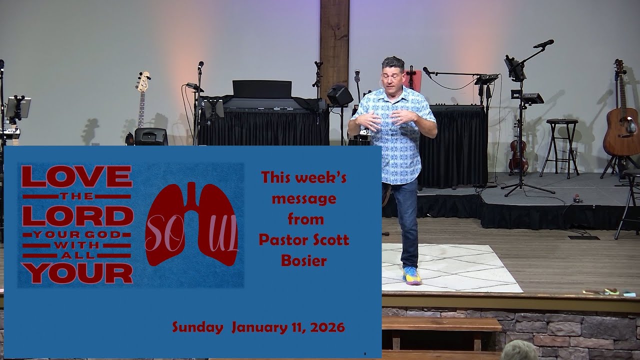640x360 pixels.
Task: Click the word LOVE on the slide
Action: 76,176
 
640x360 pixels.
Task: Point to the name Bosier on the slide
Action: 303,260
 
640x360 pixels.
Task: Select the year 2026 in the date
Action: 327,327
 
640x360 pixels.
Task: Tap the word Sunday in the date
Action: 197,327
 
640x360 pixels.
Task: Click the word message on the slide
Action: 303,199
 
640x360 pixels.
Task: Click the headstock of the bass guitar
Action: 143,81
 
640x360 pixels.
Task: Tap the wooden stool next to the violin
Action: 561,145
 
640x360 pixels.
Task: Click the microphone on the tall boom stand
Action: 543,44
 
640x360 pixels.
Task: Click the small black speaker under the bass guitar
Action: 150,136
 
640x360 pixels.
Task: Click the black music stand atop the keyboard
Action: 262,88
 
